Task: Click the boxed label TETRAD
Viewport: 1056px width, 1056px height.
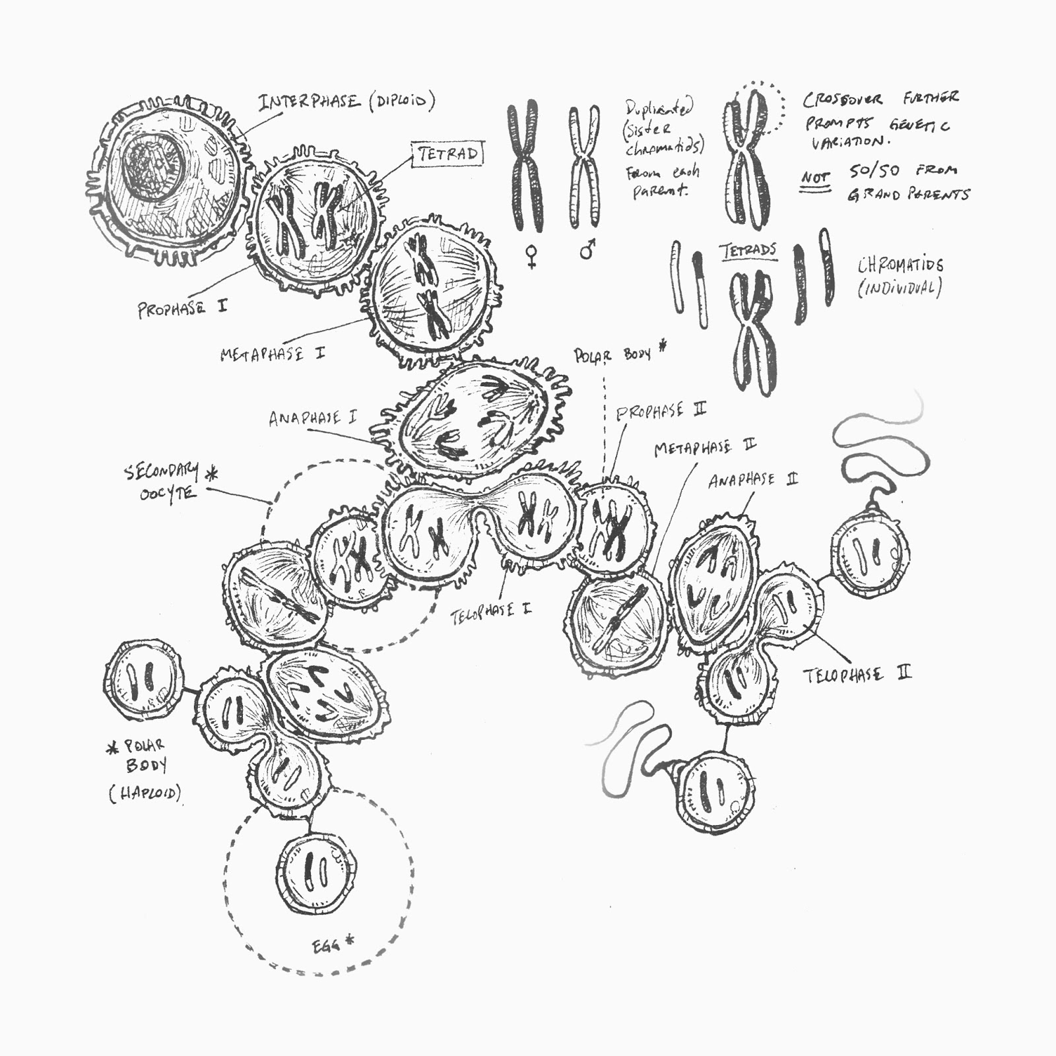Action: [x=447, y=154]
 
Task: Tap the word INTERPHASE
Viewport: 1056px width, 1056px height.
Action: [x=310, y=102]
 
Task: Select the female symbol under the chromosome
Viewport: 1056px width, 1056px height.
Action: [x=531, y=255]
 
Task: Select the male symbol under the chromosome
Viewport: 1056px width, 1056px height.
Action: [x=587, y=249]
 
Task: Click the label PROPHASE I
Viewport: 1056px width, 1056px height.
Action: [x=181, y=308]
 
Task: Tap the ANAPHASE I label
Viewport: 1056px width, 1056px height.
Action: [x=313, y=418]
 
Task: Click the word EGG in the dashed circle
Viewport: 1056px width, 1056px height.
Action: [x=326, y=946]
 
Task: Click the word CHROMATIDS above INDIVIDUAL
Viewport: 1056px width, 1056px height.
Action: [x=900, y=265]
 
